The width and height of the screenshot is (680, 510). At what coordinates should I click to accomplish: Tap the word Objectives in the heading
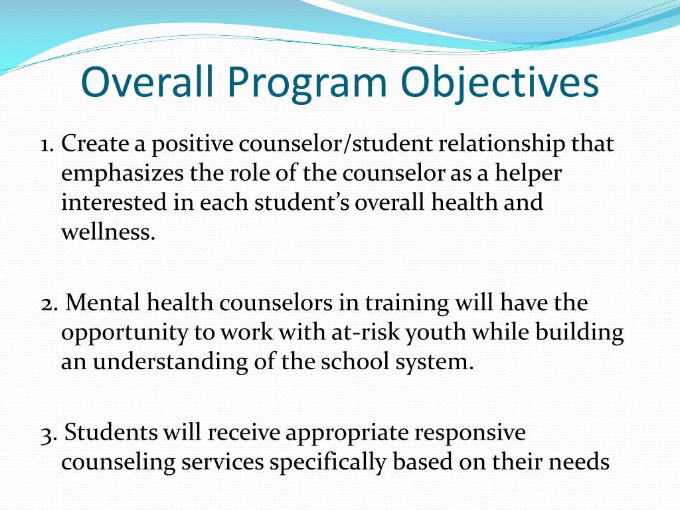tap(500, 84)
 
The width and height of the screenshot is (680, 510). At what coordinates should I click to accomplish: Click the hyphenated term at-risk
tap(364, 333)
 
